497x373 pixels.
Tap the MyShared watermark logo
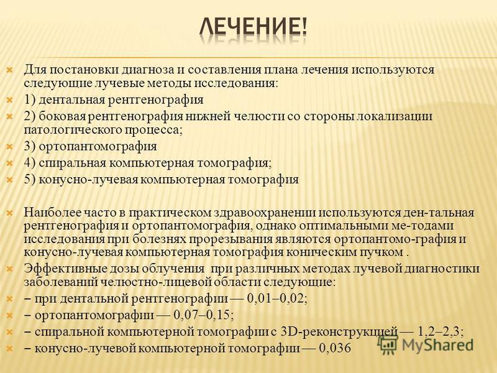[426, 344]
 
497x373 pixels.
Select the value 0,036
[335, 348]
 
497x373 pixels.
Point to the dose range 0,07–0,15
[204, 315]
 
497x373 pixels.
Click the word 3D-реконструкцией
[339, 332]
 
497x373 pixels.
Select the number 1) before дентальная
[30, 99]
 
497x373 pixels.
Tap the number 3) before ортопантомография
[30, 146]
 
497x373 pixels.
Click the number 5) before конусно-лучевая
[30, 180]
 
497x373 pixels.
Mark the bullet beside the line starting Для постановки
[10, 70]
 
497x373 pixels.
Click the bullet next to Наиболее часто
[10, 213]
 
